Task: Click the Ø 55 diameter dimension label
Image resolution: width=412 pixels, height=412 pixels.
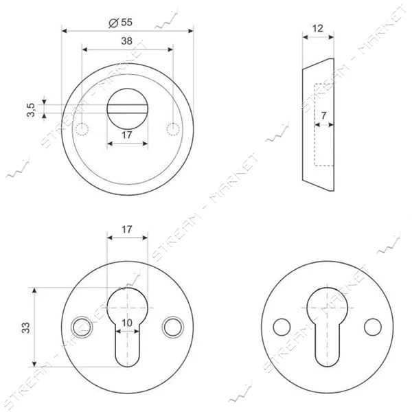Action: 121,23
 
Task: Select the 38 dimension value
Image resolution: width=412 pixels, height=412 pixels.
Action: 126,41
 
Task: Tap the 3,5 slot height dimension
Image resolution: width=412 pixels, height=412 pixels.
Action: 31,110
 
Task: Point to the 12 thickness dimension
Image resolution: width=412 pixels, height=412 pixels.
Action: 318,28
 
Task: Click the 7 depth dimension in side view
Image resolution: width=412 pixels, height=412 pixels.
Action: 323,115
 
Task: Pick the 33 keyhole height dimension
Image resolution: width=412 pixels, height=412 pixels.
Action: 26,328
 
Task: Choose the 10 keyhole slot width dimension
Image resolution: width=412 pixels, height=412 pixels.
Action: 127,323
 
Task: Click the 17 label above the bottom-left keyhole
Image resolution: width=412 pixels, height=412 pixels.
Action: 126,229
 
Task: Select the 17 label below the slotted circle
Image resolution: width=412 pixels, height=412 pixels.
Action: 126,135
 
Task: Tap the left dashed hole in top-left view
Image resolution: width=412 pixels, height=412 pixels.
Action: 82,129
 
